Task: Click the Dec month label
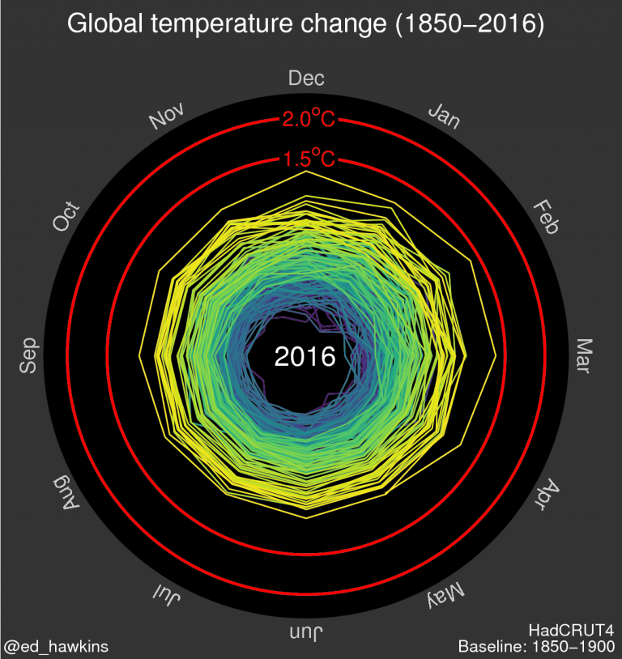pyautogui.click(x=306, y=79)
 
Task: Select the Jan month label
pyautogui.click(x=444, y=116)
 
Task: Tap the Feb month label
pyautogui.click(x=546, y=218)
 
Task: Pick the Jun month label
pyautogui.click(x=307, y=632)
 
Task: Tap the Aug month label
pyautogui.click(x=67, y=494)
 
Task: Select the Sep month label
pyautogui.click(x=29, y=356)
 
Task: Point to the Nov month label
pyautogui.click(x=167, y=116)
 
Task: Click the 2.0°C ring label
pyautogui.click(x=307, y=120)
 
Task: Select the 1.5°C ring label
pyautogui.click(x=307, y=159)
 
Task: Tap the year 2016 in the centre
pyautogui.click(x=305, y=356)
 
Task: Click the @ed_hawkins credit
pyautogui.click(x=56, y=646)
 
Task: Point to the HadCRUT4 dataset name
pyautogui.click(x=572, y=630)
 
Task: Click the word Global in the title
pyautogui.click(x=104, y=25)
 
